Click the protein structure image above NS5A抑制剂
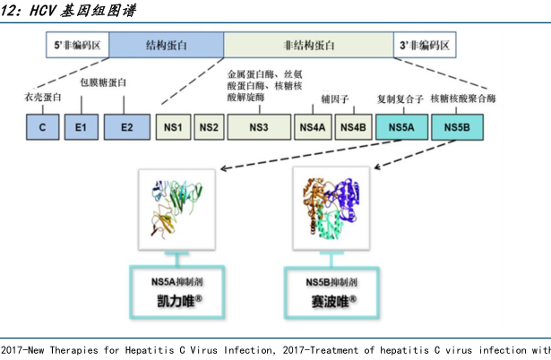[x=176, y=207]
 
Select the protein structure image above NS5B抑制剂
[x=331, y=209]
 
